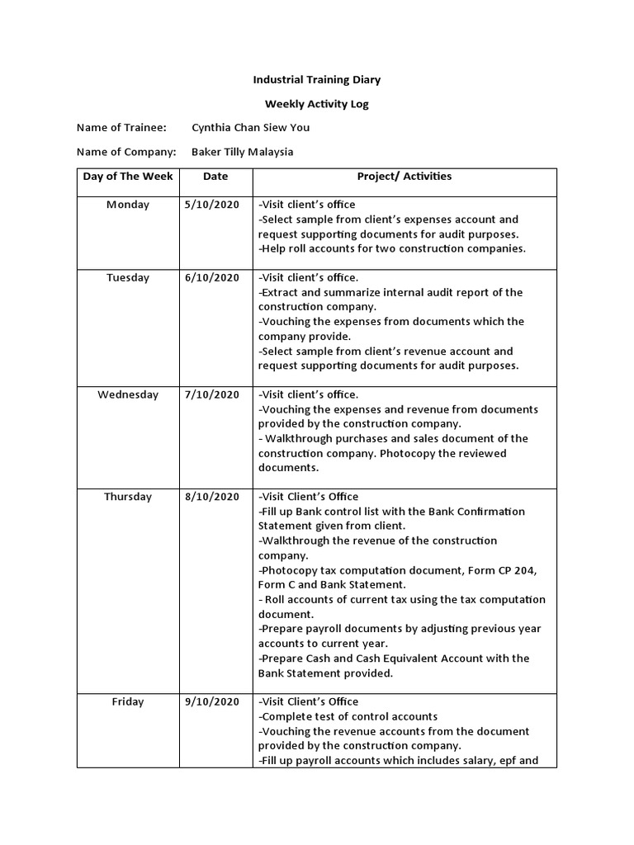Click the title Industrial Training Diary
(316, 80)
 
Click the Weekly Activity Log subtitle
(316, 104)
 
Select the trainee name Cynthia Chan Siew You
(250, 128)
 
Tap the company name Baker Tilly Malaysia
(242, 152)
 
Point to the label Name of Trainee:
(121, 128)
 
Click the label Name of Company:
(126, 152)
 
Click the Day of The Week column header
(128, 177)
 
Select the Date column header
(215, 177)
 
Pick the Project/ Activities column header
(404, 177)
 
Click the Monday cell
(128, 205)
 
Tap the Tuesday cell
(128, 278)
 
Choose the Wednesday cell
(128, 394)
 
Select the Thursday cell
(128, 497)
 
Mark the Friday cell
(128, 702)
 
